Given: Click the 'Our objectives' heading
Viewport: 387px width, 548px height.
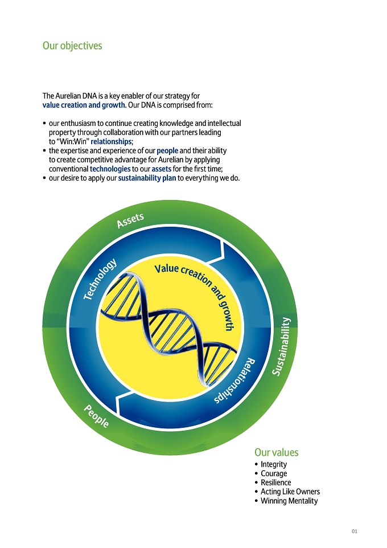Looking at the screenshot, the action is [x=72, y=46].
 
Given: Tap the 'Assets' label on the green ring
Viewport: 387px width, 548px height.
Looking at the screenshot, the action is [x=130, y=220].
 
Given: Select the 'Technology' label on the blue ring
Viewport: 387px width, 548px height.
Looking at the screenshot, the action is [x=100, y=279].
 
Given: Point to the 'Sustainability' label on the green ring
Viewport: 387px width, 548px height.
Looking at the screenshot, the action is [x=282, y=346].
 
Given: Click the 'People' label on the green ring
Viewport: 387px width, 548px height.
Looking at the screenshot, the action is [x=96, y=416].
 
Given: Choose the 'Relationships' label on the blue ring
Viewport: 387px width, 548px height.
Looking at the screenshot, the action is [x=234, y=381].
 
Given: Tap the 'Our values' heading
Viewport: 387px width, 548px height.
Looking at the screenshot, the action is [x=276, y=452].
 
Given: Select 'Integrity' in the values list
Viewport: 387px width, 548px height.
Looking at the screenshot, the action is [x=274, y=464].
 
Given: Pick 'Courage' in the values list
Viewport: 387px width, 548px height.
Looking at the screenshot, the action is [x=274, y=473].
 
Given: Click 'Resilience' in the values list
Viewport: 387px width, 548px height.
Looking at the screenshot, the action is [x=276, y=482].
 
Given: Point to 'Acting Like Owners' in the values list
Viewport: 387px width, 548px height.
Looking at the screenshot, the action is [x=290, y=492].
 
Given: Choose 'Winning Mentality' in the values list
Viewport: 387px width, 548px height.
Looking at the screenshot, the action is [x=289, y=501].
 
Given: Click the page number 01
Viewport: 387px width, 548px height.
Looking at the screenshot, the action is [x=355, y=531].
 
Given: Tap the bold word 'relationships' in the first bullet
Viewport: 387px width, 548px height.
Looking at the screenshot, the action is [x=111, y=141].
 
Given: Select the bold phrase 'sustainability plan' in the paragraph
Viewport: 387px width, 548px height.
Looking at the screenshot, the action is [x=147, y=178].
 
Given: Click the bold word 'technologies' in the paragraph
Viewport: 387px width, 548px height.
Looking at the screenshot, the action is [x=110, y=169].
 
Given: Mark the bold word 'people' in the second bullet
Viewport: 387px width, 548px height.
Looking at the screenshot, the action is [x=167, y=150].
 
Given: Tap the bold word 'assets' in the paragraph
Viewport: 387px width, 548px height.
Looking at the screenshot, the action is [x=162, y=169].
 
